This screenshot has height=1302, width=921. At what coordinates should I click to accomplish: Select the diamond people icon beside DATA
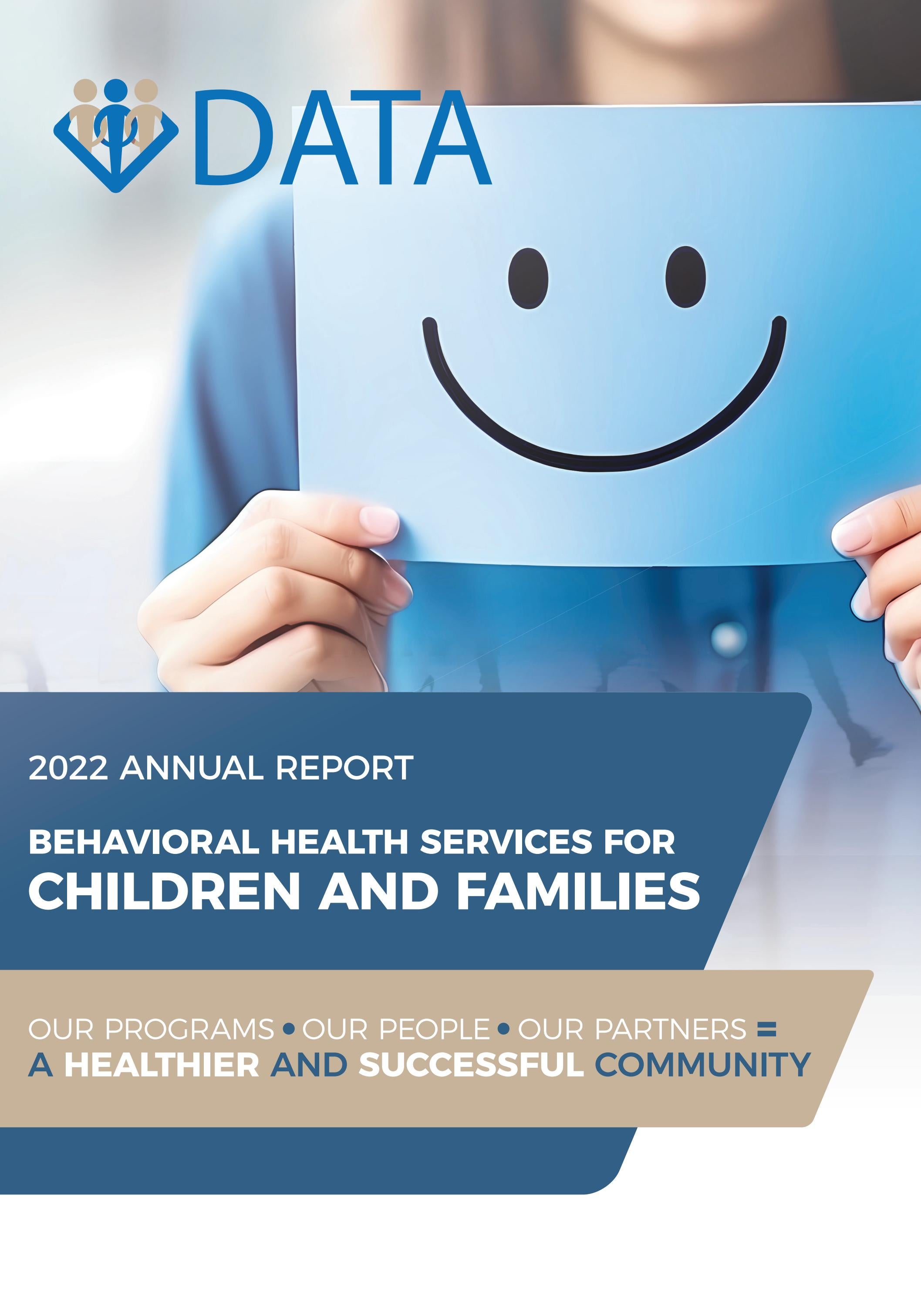(116, 134)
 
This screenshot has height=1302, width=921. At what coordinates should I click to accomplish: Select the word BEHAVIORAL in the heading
(145, 842)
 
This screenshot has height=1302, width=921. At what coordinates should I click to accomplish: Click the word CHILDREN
(164, 891)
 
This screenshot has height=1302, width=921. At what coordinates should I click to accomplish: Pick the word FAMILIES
(578, 891)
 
